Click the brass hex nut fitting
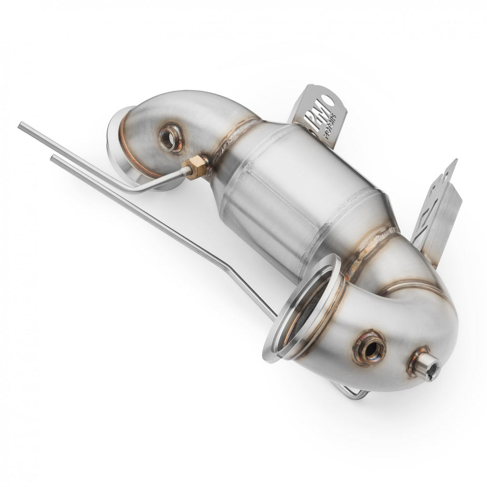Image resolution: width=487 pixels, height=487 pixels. pyautogui.click(x=195, y=167)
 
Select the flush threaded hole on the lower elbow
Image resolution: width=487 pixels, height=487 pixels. pyautogui.click(x=370, y=349)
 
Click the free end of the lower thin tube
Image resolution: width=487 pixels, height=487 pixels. pyautogui.click(x=53, y=158)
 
